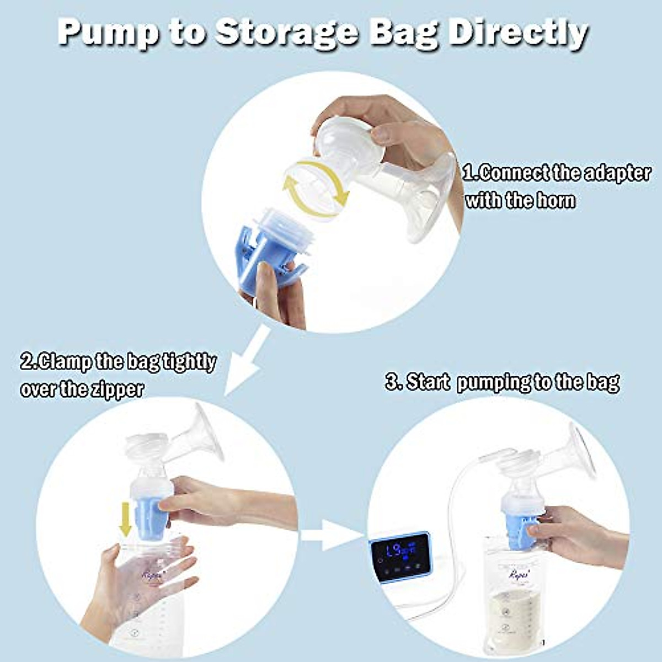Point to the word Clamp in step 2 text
click(x=64, y=362)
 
